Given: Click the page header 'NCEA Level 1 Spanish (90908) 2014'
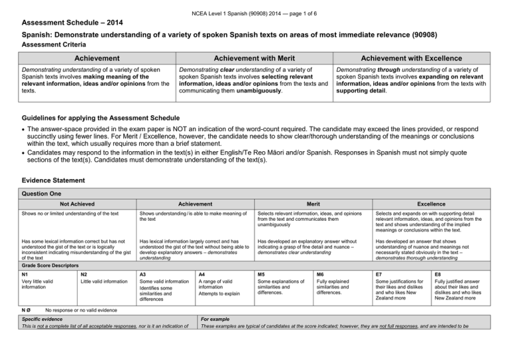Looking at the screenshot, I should coord(254,6).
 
